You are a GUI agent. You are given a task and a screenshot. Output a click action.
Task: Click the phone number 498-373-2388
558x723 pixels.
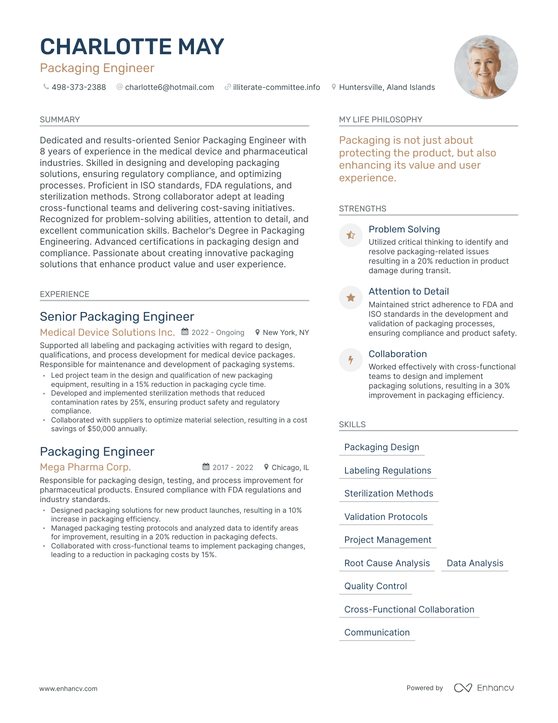coord(78,87)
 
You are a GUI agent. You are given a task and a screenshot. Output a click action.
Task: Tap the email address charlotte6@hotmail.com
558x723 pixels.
coord(169,87)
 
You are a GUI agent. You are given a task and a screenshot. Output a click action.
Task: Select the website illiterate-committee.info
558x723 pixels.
coord(276,87)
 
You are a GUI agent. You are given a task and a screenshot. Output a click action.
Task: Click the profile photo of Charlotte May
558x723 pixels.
coord(486,67)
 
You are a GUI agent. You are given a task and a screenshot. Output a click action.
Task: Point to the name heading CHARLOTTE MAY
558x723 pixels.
coord(132,47)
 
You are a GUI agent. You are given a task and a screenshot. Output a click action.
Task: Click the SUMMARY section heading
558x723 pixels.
coord(60,120)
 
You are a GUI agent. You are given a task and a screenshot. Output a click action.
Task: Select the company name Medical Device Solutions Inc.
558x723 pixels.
coord(107,332)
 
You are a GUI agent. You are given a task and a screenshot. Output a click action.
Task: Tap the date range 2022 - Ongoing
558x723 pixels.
coord(218,333)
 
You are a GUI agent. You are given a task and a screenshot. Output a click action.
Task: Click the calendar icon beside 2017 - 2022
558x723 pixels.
coord(206,467)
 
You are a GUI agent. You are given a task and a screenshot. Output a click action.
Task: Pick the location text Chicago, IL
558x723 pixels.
coord(290,468)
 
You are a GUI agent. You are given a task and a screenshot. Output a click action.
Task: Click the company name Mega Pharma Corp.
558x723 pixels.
coord(85,467)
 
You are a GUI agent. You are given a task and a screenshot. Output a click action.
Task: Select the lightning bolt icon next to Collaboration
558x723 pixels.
coord(351,360)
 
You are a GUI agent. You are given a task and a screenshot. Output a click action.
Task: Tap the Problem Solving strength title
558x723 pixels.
coord(404,229)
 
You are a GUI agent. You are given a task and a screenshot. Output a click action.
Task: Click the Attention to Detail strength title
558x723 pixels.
coord(408,291)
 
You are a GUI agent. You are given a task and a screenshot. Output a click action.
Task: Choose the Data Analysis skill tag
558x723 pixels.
coord(474,563)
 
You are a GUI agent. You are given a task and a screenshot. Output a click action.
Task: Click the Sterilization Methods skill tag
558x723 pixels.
coord(389,493)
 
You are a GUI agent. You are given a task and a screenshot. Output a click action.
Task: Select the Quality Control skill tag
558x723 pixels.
coord(375,586)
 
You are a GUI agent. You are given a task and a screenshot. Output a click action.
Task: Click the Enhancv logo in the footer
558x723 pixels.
coord(484,688)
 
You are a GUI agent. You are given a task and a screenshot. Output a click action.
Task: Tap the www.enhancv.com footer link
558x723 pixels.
coord(68,689)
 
